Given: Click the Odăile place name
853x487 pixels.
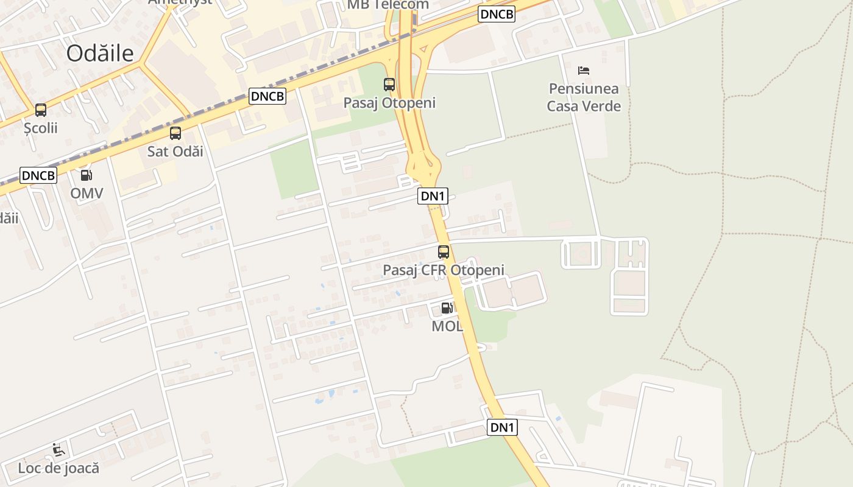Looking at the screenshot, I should pos(100,54).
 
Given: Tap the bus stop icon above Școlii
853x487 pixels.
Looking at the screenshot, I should pos(41,110).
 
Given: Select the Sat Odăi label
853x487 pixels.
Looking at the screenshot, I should pos(175,152).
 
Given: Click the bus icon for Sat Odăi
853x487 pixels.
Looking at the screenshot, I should pos(175,133).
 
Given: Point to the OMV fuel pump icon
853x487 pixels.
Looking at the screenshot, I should pos(87,175).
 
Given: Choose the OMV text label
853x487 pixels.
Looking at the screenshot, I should pos(87,194).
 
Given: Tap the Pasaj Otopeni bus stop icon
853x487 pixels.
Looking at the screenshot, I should pos(389,85).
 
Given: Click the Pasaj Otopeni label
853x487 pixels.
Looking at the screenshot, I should pos(389,103).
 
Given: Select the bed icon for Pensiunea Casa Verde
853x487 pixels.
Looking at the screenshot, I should pos(584,70).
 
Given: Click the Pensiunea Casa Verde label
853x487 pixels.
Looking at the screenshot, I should pos(584,97).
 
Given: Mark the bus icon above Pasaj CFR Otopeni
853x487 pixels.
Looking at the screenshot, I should pos(444,251).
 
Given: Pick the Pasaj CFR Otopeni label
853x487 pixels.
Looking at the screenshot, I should pos(444,270).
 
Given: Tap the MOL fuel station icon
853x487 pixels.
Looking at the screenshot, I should pos(447,308).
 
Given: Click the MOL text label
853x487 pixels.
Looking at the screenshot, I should pos(447,326).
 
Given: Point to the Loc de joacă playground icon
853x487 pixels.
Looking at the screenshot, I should pos(58,450).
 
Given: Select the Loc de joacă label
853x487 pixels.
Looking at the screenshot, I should pos(58,468).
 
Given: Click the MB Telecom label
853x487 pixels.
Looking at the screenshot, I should pos(388,5).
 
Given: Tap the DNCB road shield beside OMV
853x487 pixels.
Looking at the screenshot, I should pos(38,175).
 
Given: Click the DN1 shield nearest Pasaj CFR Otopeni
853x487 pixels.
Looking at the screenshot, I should pos(434,196).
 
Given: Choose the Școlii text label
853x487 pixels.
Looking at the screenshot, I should pos(41,128).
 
